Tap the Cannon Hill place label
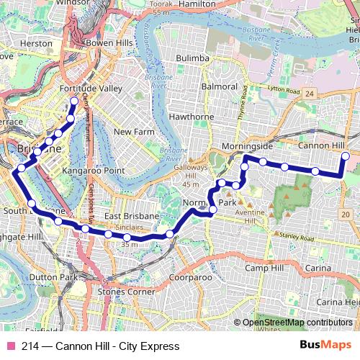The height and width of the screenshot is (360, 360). [x=321, y=145]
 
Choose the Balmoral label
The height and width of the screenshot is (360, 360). [x=220, y=86]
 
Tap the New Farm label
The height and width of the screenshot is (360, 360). [x=134, y=132]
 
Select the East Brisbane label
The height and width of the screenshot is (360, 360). [x=131, y=216]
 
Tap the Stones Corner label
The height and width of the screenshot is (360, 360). [x=126, y=292]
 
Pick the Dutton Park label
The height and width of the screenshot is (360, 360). [x=53, y=276]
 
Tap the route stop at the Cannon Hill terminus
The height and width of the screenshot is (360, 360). [x=345, y=156]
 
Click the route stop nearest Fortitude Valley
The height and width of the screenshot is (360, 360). [x=73, y=100]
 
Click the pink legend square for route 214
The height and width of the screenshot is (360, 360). [x=10, y=346]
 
